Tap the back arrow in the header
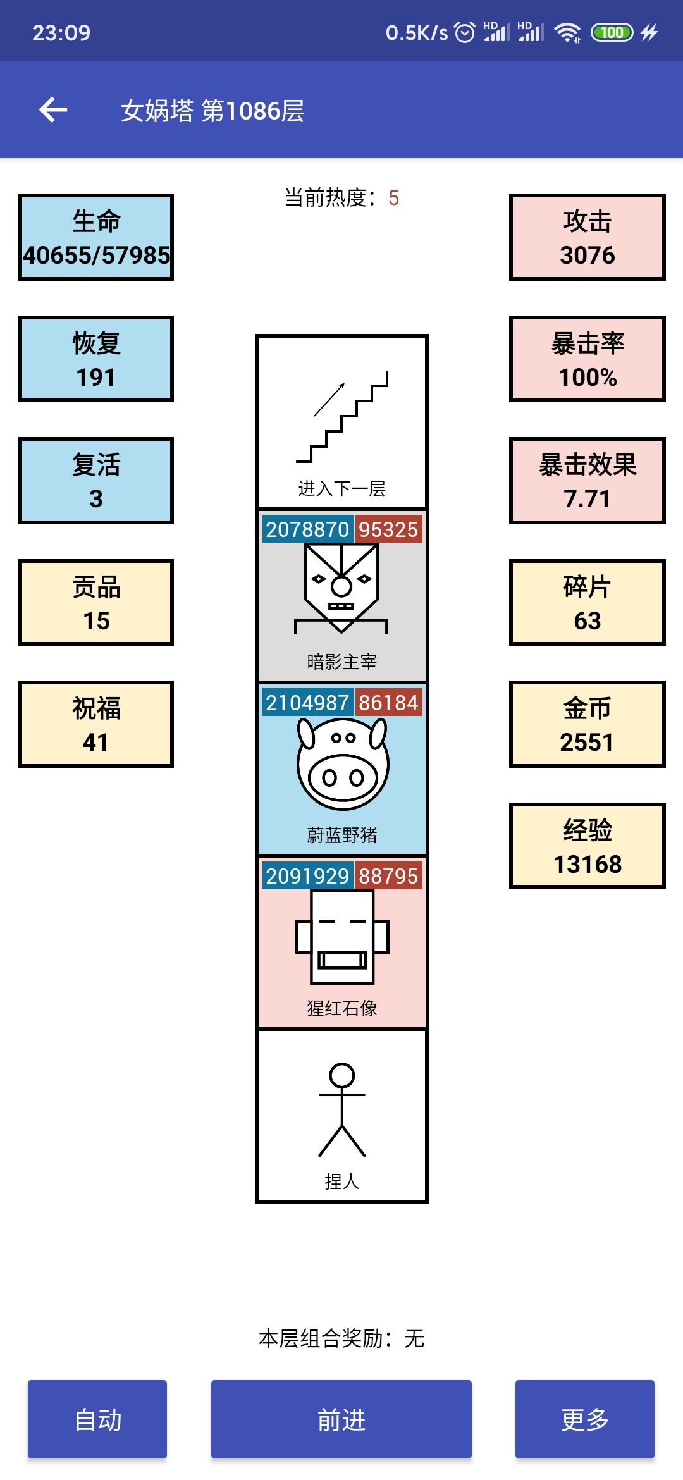click(53, 110)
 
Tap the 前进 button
click(341, 1419)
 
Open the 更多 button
click(584, 1419)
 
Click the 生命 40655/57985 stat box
click(95, 237)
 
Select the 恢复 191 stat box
click(95, 359)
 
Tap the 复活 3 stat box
click(95, 481)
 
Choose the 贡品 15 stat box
click(95, 603)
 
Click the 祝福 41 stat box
click(95, 724)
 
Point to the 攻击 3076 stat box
click(587, 237)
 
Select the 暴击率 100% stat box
click(587, 359)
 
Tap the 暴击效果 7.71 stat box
click(587, 481)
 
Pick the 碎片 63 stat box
click(587, 603)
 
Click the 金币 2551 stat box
click(587, 724)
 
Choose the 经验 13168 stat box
click(587, 846)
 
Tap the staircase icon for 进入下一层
click(342, 417)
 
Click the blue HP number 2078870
click(307, 529)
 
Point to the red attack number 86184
click(388, 703)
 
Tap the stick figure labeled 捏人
click(342, 1109)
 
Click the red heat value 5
click(393, 198)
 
